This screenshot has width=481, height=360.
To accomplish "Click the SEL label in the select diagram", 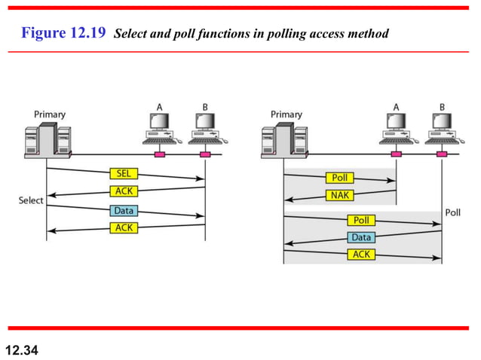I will [x=124, y=173].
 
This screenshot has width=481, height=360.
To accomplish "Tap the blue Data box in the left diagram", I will [x=124, y=210].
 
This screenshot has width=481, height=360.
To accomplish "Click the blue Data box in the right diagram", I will [x=360, y=237].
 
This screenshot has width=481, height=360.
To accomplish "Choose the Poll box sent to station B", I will [x=360, y=221].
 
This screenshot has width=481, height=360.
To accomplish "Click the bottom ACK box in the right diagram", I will [x=360, y=255].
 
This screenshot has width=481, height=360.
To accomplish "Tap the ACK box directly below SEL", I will [x=124, y=191].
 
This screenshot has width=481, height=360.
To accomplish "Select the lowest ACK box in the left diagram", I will [x=124, y=227].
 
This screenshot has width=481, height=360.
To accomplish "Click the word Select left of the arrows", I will [x=31, y=201].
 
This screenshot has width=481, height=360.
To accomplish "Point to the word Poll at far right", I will [x=452, y=212].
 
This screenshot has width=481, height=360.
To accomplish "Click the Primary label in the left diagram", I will [x=49, y=114].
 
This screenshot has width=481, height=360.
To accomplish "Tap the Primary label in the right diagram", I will [x=286, y=114].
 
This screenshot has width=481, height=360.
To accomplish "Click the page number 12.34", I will [x=21, y=349].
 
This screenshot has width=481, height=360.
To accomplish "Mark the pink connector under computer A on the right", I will [x=397, y=155].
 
